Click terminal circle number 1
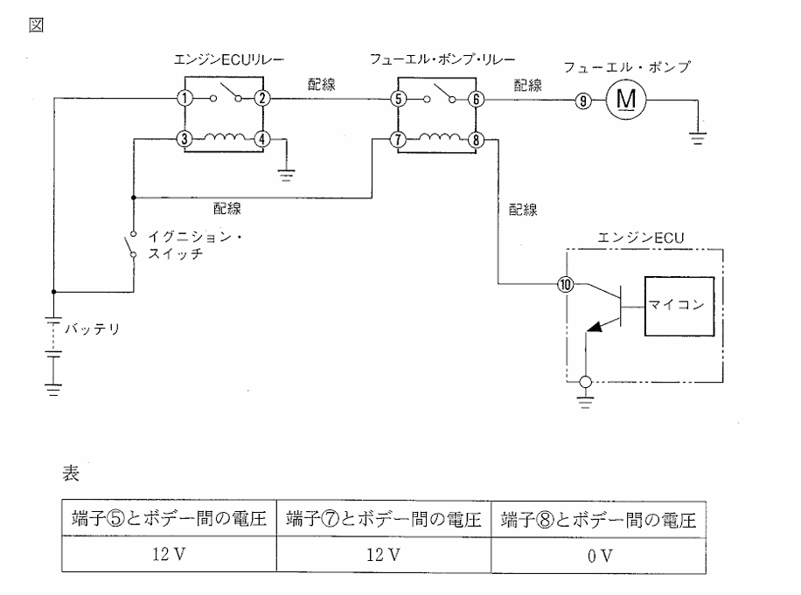185,99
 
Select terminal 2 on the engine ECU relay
261,99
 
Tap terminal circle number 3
185,138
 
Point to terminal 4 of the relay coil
261,138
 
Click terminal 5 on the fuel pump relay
398,99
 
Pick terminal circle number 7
398,138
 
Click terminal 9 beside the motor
582,100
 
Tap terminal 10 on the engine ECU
566,284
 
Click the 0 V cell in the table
598,555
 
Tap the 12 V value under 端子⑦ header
382,555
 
